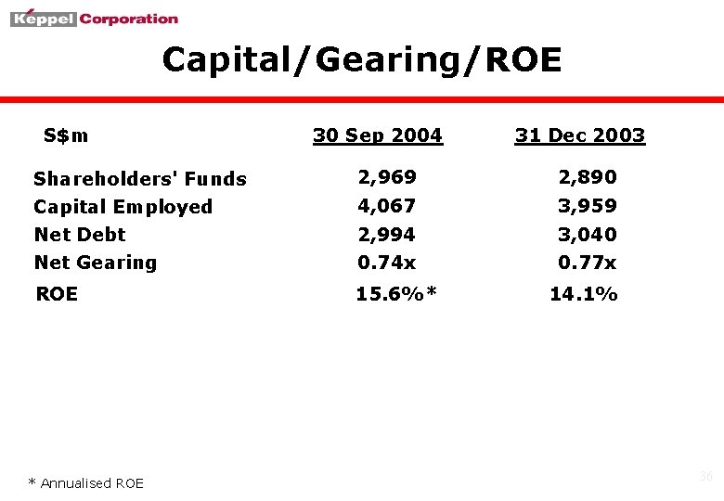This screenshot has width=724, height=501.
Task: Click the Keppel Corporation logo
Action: [x=94, y=18]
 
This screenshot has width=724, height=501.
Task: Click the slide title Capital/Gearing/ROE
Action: [x=362, y=60]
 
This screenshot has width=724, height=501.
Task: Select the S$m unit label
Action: [x=66, y=135]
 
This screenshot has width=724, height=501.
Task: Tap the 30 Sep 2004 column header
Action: [x=378, y=135]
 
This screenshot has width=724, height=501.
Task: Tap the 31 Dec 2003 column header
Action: [x=580, y=135]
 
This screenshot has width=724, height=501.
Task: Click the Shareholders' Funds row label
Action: [x=140, y=179]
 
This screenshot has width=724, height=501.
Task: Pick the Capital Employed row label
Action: [x=123, y=207]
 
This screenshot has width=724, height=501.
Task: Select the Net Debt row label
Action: [x=80, y=235]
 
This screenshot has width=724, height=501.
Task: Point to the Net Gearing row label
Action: [x=96, y=263]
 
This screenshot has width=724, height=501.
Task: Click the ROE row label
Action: [x=57, y=294]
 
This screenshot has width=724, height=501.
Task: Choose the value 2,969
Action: [x=387, y=176]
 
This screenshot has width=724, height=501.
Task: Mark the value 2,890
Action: [x=587, y=176]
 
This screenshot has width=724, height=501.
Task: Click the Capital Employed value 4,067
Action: [x=387, y=205]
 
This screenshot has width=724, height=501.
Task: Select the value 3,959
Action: [x=587, y=205]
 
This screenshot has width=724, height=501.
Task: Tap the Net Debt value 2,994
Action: [x=387, y=234]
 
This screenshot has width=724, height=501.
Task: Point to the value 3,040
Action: [x=587, y=234]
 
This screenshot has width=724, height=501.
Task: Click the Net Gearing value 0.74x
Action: [x=387, y=263]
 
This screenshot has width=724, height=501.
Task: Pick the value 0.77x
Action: [x=587, y=263]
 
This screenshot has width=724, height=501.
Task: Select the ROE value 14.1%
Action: [x=584, y=294]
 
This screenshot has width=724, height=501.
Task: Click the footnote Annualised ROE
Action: [x=86, y=482]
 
